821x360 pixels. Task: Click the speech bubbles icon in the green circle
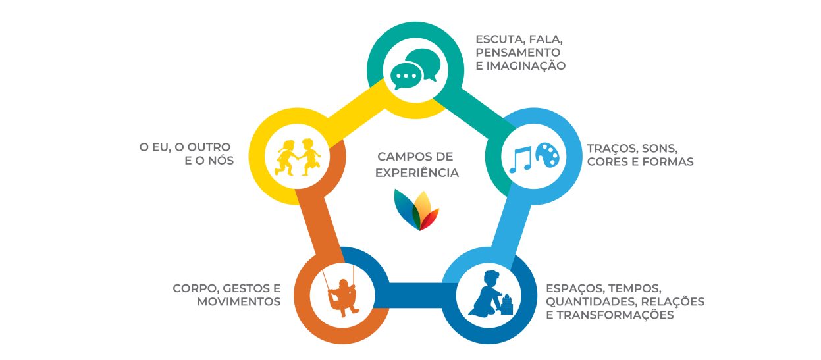point(414,69)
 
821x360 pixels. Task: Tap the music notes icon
point(521,159)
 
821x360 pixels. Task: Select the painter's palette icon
point(546,155)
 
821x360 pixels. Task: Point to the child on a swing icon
point(342,294)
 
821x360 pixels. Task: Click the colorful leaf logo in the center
point(416,209)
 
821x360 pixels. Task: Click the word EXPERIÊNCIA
point(416,173)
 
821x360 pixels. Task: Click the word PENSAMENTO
point(517,52)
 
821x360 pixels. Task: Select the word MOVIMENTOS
point(239,302)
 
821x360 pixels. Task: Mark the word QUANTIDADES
point(586,301)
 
